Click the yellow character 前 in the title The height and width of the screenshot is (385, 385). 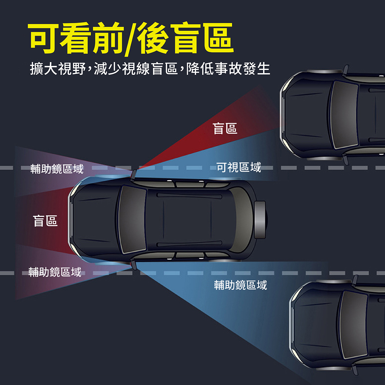[108, 38]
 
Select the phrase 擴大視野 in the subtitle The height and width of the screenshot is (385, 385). [57, 69]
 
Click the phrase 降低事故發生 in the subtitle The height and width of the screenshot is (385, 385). [228, 69]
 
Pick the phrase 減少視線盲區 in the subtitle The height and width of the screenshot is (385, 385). [135, 69]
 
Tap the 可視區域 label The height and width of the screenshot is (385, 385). [239, 167]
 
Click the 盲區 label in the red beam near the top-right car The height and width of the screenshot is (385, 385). [225, 129]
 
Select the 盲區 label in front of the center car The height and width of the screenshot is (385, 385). [45, 221]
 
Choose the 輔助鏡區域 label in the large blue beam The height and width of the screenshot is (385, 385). [240, 285]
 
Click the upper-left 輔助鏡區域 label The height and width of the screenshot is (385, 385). [57, 169]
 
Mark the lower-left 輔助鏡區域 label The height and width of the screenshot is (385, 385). [55, 272]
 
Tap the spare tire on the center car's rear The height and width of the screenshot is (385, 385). [260, 220]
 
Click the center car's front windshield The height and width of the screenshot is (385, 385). [133, 220]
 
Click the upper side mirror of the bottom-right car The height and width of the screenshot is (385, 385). [355, 280]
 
